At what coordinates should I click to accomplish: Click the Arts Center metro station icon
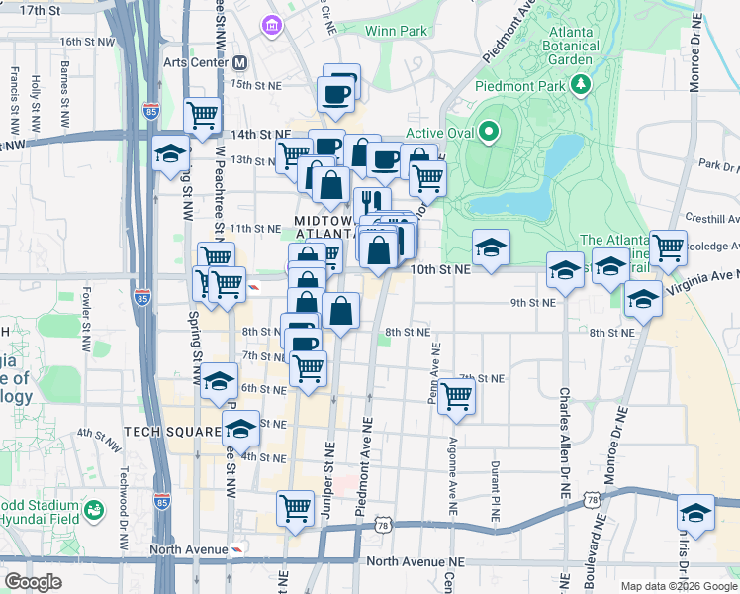[239, 62]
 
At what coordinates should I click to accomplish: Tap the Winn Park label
[396, 31]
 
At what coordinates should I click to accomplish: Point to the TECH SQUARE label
[163, 433]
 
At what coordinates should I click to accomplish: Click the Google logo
[34, 582]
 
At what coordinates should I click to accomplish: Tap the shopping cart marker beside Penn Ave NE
[456, 396]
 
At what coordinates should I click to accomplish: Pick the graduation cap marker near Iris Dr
[695, 514]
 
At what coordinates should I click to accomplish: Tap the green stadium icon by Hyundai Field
[93, 511]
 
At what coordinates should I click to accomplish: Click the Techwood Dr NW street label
[125, 495]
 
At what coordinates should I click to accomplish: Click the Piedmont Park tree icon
[581, 85]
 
